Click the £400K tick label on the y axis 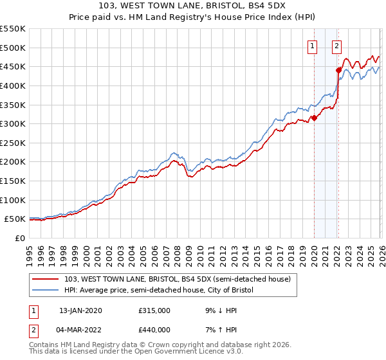pyautogui.click(x=13, y=85)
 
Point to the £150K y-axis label pyautogui.click(x=13, y=181)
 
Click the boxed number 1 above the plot pyautogui.click(x=313, y=46)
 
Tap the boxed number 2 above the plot pyautogui.click(x=336, y=46)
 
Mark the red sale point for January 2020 pyautogui.click(x=314, y=118)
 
